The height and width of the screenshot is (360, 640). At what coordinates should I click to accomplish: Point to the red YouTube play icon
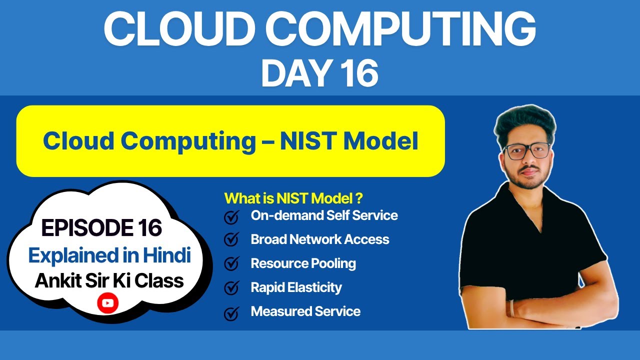[107, 303]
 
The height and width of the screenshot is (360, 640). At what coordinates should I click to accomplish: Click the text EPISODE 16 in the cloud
[101, 228]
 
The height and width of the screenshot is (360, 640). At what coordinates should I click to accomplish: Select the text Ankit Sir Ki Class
[109, 281]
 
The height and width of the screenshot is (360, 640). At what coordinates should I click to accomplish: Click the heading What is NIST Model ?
[293, 198]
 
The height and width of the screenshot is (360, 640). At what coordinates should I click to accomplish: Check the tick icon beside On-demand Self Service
[231, 217]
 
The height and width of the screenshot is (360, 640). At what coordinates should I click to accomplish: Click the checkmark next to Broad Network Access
[231, 240]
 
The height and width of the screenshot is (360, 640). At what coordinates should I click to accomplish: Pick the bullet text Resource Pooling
[303, 263]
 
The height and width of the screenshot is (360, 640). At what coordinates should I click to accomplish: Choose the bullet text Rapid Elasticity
[296, 287]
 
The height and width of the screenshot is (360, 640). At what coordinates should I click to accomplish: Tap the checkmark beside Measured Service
[231, 313]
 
